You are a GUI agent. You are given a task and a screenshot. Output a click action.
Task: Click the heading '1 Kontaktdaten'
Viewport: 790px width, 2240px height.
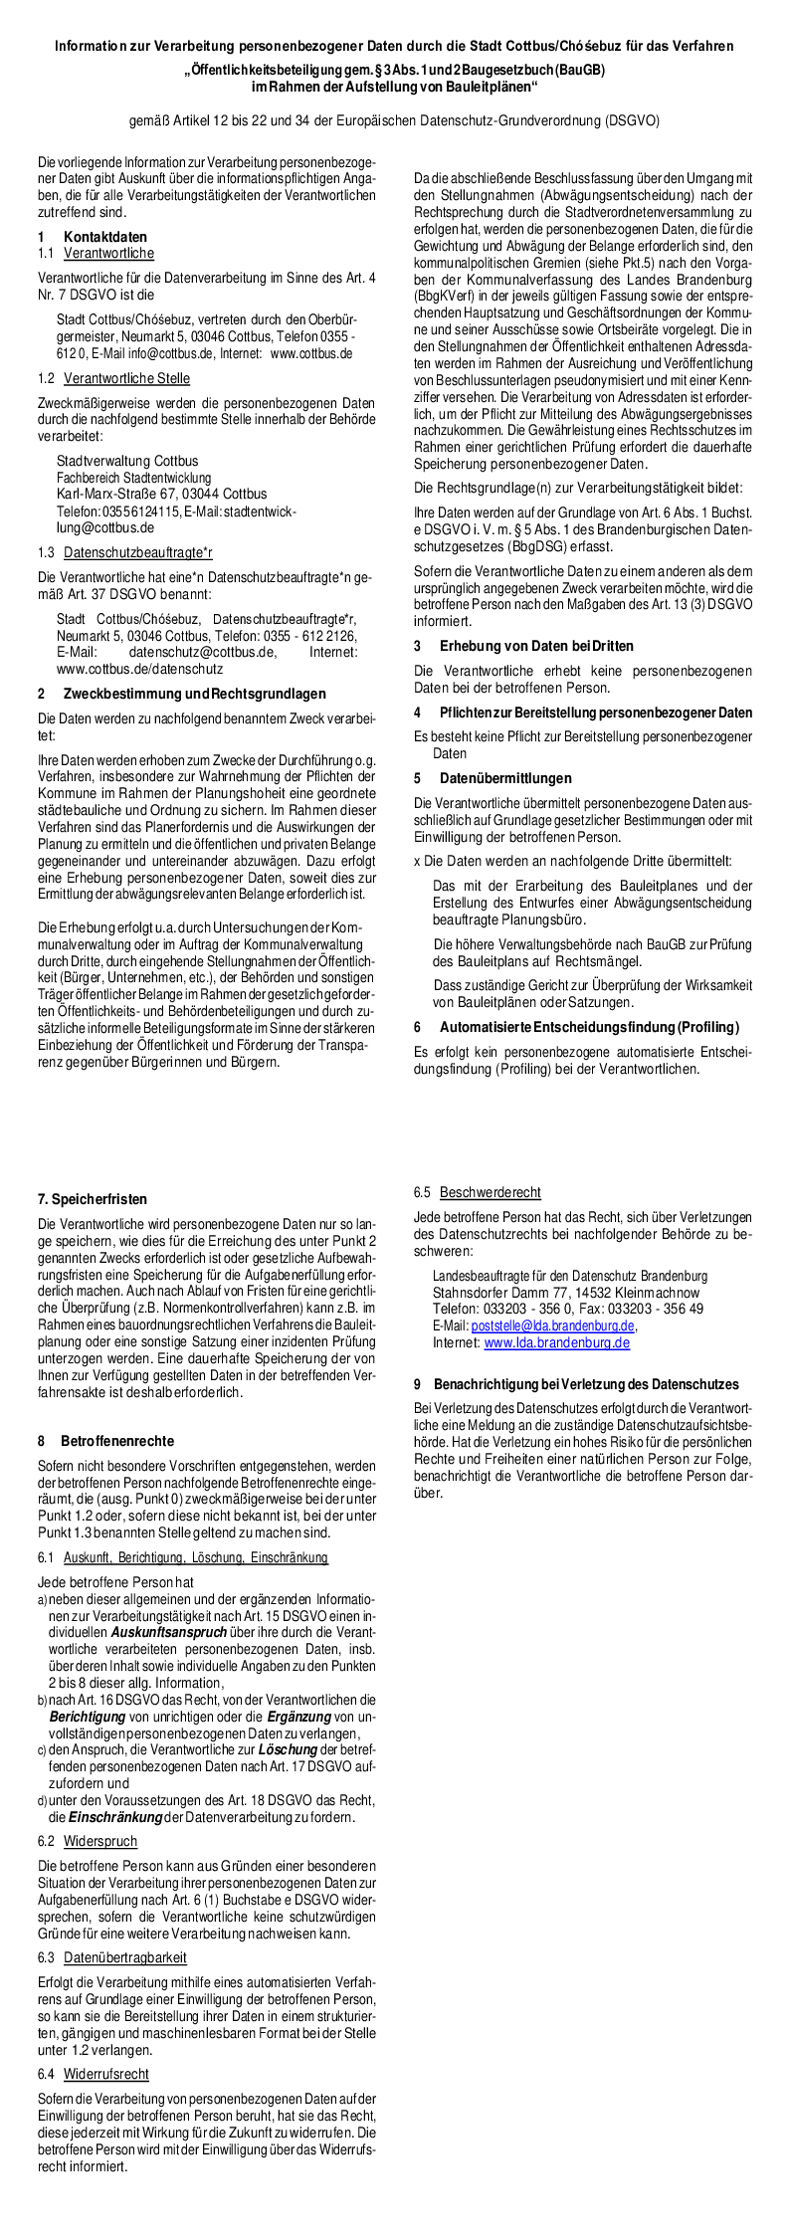[x=93, y=237]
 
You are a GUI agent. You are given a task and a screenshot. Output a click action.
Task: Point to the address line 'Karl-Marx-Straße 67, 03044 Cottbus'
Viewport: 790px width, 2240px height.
[x=161, y=494]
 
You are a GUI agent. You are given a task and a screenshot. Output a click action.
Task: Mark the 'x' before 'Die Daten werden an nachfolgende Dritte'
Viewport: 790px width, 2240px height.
[x=417, y=859]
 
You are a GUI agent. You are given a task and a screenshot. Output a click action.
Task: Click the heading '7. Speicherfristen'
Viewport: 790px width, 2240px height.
[x=93, y=1199]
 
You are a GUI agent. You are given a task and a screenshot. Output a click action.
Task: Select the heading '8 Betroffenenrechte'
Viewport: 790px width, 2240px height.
[x=105, y=1440]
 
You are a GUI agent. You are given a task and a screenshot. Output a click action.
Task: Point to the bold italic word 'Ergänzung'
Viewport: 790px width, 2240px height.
[x=298, y=1716]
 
